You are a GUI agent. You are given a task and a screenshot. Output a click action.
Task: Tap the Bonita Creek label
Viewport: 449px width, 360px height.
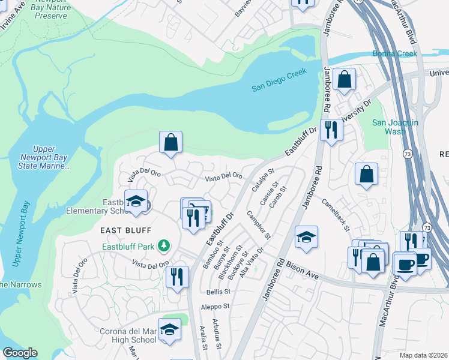pos(394,53)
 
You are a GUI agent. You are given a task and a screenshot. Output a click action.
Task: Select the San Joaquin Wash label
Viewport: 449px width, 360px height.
pos(394,127)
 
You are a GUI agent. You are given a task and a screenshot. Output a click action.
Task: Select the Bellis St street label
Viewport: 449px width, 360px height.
pos(218,292)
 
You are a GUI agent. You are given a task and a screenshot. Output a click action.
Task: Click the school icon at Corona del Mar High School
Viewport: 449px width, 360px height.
pos(170,329)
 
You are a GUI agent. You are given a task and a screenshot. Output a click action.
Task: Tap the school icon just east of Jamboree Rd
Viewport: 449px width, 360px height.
pos(306,237)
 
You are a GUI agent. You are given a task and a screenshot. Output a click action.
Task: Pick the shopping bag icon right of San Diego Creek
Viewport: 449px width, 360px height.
pos(345,79)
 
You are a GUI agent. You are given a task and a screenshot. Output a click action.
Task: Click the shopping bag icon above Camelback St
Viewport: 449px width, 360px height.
pos(366,175)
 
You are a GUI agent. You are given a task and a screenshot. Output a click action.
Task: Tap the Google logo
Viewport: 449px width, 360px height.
pos(20,353)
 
